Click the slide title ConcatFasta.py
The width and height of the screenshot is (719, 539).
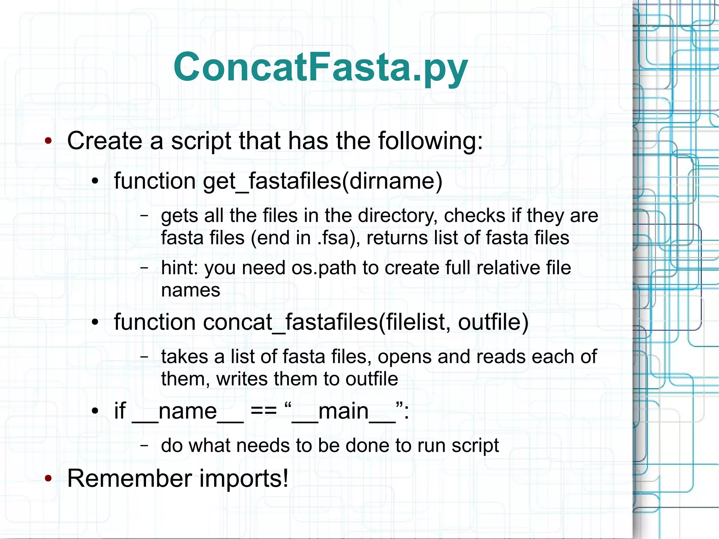[321, 67]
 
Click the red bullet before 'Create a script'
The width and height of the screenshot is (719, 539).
[48, 141]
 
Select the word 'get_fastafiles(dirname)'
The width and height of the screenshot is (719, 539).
[323, 181]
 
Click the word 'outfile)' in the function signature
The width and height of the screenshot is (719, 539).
[493, 322]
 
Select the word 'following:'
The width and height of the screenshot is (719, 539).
[430, 141]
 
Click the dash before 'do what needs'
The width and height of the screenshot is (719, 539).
[144, 445]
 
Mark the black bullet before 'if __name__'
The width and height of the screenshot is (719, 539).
[95, 411]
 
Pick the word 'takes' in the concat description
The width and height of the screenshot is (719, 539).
[185, 357]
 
